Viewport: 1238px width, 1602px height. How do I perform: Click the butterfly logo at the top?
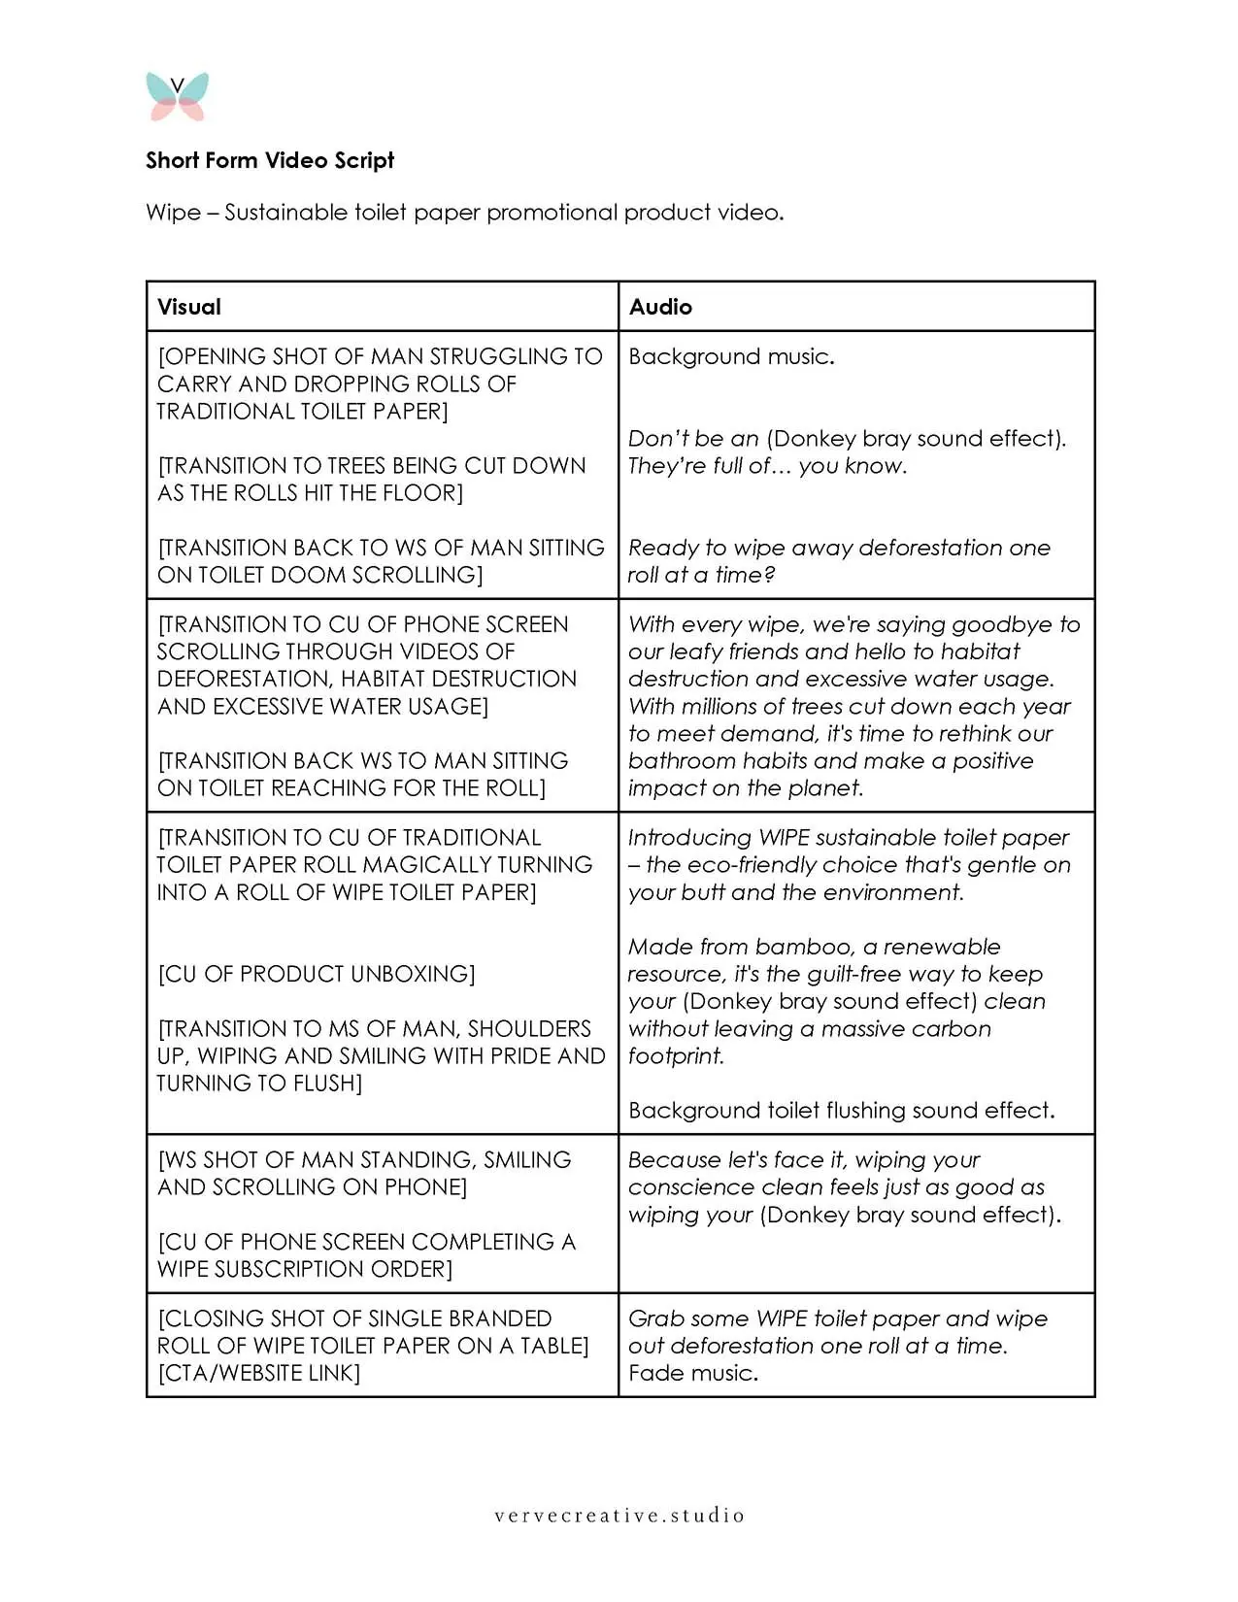click(x=178, y=96)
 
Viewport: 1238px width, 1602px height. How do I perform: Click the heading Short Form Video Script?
click(x=270, y=160)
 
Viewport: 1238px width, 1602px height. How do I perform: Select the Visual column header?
click(x=189, y=307)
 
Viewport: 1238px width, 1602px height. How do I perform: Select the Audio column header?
click(x=660, y=307)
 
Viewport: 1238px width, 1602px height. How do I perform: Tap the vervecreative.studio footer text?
click(x=619, y=1515)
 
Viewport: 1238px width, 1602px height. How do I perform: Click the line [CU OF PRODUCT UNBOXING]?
click(x=317, y=974)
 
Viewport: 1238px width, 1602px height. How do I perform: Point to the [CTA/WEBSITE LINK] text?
click(x=258, y=1373)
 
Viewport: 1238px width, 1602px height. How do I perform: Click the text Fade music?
click(x=692, y=1373)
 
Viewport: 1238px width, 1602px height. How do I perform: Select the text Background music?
click(x=731, y=356)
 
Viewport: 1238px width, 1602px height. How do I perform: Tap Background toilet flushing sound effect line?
click(x=841, y=1110)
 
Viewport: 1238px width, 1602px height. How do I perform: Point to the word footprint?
click(x=676, y=1055)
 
